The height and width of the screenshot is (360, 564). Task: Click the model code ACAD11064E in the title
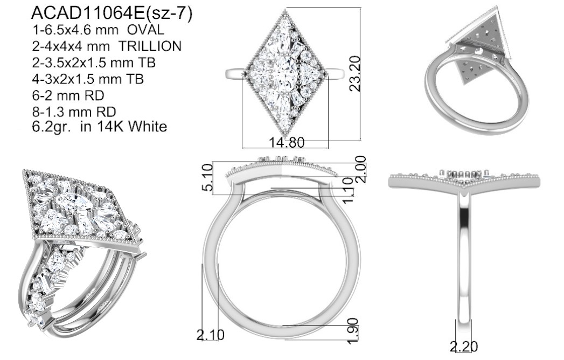88,13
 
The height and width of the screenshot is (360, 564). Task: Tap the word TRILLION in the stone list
150,46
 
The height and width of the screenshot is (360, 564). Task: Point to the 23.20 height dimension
354,73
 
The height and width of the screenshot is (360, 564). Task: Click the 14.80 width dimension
287,143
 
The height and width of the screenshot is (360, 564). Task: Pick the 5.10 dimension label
207,177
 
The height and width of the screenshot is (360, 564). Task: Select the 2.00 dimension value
360,169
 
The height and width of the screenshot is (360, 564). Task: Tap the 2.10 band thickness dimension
211,335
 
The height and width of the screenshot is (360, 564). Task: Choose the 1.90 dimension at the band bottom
353,331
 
